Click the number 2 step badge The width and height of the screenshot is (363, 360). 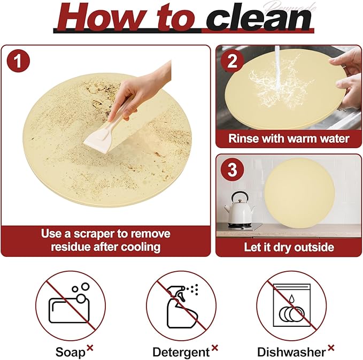click(x=232, y=61)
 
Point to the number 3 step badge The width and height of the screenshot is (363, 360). click(x=232, y=171)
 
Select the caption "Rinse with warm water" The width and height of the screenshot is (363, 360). click(x=289, y=139)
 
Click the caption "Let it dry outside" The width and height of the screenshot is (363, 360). click(x=289, y=247)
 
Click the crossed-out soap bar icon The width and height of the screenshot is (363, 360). click(x=70, y=305)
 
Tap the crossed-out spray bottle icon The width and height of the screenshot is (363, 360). click(x=181, y=305)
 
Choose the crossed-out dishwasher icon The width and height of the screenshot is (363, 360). click(x=291, y=305)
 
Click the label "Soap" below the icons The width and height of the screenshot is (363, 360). click(x=70, y=351)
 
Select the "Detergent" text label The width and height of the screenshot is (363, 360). click(x=181, y=351)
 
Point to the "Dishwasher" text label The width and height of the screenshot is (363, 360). click(x=291, y=351)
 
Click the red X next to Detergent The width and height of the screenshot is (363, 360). click(x=215, y=348)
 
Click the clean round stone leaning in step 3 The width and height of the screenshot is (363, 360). click(x=300, y=192)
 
